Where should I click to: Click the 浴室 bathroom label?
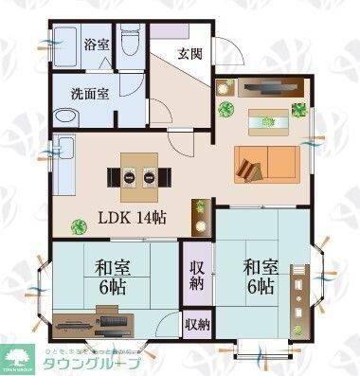[x=96, y=45]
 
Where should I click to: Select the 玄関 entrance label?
[x=188, y=53]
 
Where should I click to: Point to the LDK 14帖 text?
[x=131, y=217]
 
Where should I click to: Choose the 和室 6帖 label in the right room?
[x=259, y=269]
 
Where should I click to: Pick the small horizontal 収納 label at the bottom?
[x=197, y=325]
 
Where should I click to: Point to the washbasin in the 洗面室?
[x=67, y=116]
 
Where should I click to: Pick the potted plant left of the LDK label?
[x=79, y=224]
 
